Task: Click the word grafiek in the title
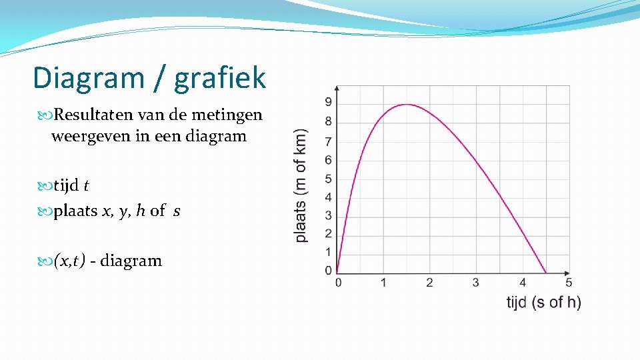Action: [x=220, y=77]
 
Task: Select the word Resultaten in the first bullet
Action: [x=95, y=115]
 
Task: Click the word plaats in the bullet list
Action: [x=75, y=211]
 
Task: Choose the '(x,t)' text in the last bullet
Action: [x=69, y=261]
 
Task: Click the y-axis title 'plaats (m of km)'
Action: [x=301, y=185]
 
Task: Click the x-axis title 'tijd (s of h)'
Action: [x=543, y=303]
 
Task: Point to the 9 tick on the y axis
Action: [x=328, y=102]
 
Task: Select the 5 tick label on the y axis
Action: [x=328, y=179]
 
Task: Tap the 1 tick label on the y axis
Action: [x=328, y=252]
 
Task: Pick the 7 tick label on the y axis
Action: [x=328, y=141]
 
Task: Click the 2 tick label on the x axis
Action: [x=429, y=283]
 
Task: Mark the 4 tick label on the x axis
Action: [x=523, y=283]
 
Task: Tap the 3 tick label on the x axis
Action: [x=475, y=283]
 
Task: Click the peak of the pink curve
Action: [x=406, y=105]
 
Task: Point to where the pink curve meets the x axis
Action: [x=547, y=273]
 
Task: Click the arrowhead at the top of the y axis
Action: [x=337, y=88]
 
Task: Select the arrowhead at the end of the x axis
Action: [x=567, y=273]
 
